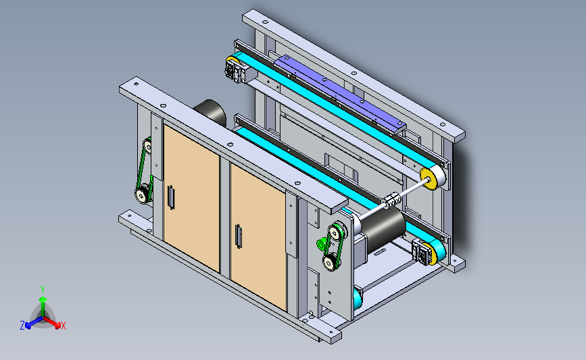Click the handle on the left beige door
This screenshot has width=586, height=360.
[x=171, y=197]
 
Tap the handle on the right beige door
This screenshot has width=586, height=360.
[x=239, y=236]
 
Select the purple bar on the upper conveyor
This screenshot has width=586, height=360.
[x=339, y=94]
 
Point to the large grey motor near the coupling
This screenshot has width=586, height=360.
[x=381, y=227]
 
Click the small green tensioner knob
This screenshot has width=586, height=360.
[x=320, y=245]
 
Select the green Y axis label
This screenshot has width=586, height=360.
[x=43, y=290]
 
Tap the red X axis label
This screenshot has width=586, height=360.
[x=63, y=326]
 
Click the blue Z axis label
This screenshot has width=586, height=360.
[x=22, y=326]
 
